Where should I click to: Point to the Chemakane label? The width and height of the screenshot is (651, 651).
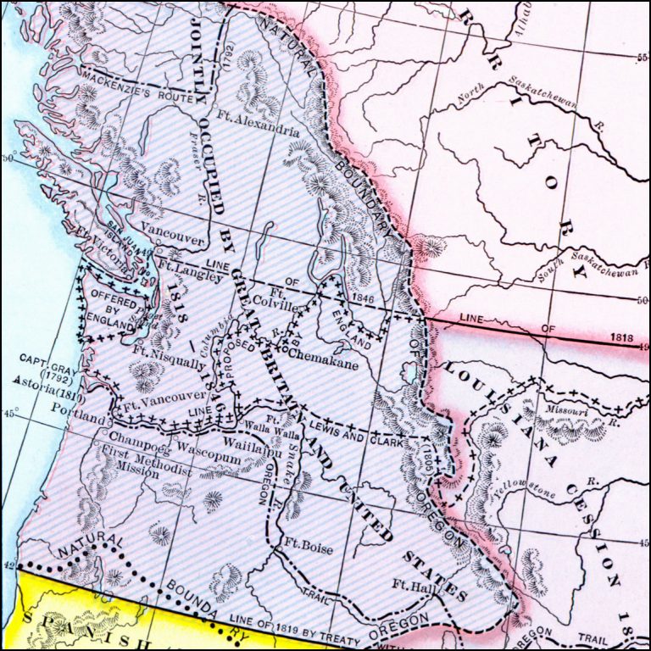coord(324,357)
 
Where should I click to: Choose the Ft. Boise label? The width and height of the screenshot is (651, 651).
coord(309,548)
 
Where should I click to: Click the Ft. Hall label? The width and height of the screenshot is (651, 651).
coord(414,584)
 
